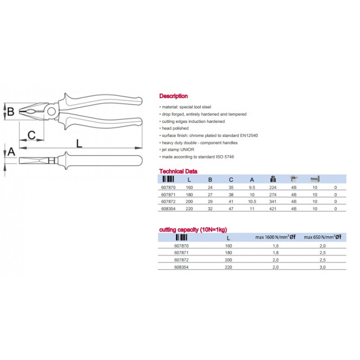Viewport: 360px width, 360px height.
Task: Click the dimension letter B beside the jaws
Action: pos(11,111)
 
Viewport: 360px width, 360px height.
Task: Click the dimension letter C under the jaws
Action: pos(31,135)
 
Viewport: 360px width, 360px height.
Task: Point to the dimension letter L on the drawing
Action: pos(79,144)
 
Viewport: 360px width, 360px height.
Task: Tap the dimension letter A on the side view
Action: pos(11,152)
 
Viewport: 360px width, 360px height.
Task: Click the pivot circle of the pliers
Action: pos(51,112)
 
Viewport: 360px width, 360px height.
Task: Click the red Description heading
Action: pos(173,96)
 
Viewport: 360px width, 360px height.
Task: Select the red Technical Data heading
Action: pos(178,171)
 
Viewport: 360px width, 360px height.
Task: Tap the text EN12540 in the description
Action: pos(249,135)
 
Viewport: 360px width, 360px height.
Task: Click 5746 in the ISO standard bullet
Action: pos(229,157)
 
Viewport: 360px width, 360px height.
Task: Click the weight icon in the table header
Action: pos(273,179)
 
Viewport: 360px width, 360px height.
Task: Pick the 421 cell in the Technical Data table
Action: pos(273,209)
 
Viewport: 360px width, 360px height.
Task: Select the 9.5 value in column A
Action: pos(252,187)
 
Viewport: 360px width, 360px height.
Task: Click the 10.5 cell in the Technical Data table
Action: pos(252,201)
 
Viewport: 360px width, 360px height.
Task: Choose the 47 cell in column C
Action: pos(231,209)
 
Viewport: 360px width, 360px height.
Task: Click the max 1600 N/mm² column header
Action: pos(275,237)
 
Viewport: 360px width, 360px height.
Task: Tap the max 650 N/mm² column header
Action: pos(323,237)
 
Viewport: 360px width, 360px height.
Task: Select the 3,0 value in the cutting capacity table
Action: pos(323,267)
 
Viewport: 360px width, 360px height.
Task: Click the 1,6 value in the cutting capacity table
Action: pos(275,246)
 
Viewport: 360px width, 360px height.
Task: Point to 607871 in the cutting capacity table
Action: pos(181,252)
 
